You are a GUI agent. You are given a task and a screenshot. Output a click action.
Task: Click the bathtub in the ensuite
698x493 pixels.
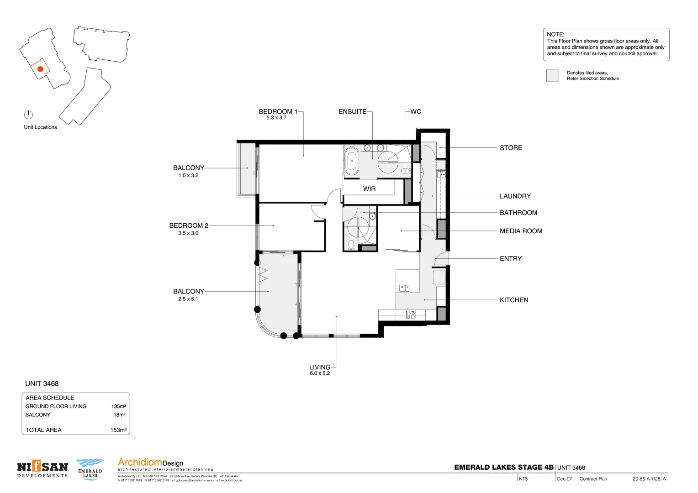pyautogui.click(x=351, y=161)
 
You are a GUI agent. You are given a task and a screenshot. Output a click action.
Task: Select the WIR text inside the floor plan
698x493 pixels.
pyautogui.click(x=369, y=189)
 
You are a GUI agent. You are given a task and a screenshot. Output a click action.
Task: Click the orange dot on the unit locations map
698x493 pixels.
pyautogui.click(x=40, y=69)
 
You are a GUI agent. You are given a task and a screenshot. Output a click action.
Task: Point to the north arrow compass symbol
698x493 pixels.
pyautogui.click(x=28, y=115)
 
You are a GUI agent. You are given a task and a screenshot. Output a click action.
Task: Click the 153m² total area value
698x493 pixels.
pyautogui.click(x=118, y=430)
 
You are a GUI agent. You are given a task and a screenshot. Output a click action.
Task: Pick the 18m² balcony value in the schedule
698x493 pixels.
pyautogui.click(x=119, y=415)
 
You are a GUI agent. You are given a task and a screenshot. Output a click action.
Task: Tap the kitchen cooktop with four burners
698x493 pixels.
pyautogui.click(x=411, y=315)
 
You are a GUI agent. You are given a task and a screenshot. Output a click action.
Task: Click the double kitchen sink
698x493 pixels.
pyautogui.click(x=404, y=288)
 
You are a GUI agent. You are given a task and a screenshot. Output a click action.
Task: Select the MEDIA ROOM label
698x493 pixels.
pyautogui.click(x=521, y=231)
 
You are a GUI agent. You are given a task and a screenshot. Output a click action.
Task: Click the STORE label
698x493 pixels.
pyautogui.click(x=511, y=148)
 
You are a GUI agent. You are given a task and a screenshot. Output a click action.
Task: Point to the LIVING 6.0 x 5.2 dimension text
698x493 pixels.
pyautogui.click(x=320, y=373)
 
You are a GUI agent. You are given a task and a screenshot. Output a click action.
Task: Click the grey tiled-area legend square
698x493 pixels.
pyautogui.click(x=553, y=76)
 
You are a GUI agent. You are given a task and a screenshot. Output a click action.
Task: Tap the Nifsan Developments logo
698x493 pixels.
pyautogui.click(x=42, y=469)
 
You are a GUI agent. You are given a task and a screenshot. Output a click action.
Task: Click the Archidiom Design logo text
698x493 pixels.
pyautogui.click(x=150, y=463)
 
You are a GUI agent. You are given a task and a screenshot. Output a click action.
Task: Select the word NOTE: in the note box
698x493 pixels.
pyautogui.click(x=555, y=34)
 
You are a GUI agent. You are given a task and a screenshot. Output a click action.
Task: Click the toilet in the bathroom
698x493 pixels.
pyautogui.click(x=351, y=245)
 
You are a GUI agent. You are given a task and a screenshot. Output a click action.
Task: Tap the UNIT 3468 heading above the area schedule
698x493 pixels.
pyautogui.click(x=42, y=384)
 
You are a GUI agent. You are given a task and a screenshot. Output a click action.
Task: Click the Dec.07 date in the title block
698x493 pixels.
pyautogui.click(x=564, y=479)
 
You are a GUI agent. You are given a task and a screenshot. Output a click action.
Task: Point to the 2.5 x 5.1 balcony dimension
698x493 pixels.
pyautogui.click(x=188, y=299)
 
